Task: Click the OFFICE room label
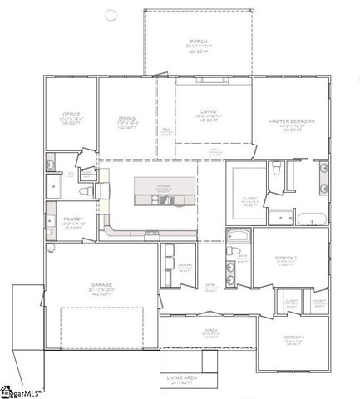(x=70, y=115)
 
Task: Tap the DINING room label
(x=127, y=119)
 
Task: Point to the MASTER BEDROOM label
(x=291, y=121)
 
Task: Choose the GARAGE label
(x=101, y=283)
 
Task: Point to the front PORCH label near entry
(x=210, y=330)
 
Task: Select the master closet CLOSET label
(x=249, y=199)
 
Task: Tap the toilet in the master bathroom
(x=276, y=171)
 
